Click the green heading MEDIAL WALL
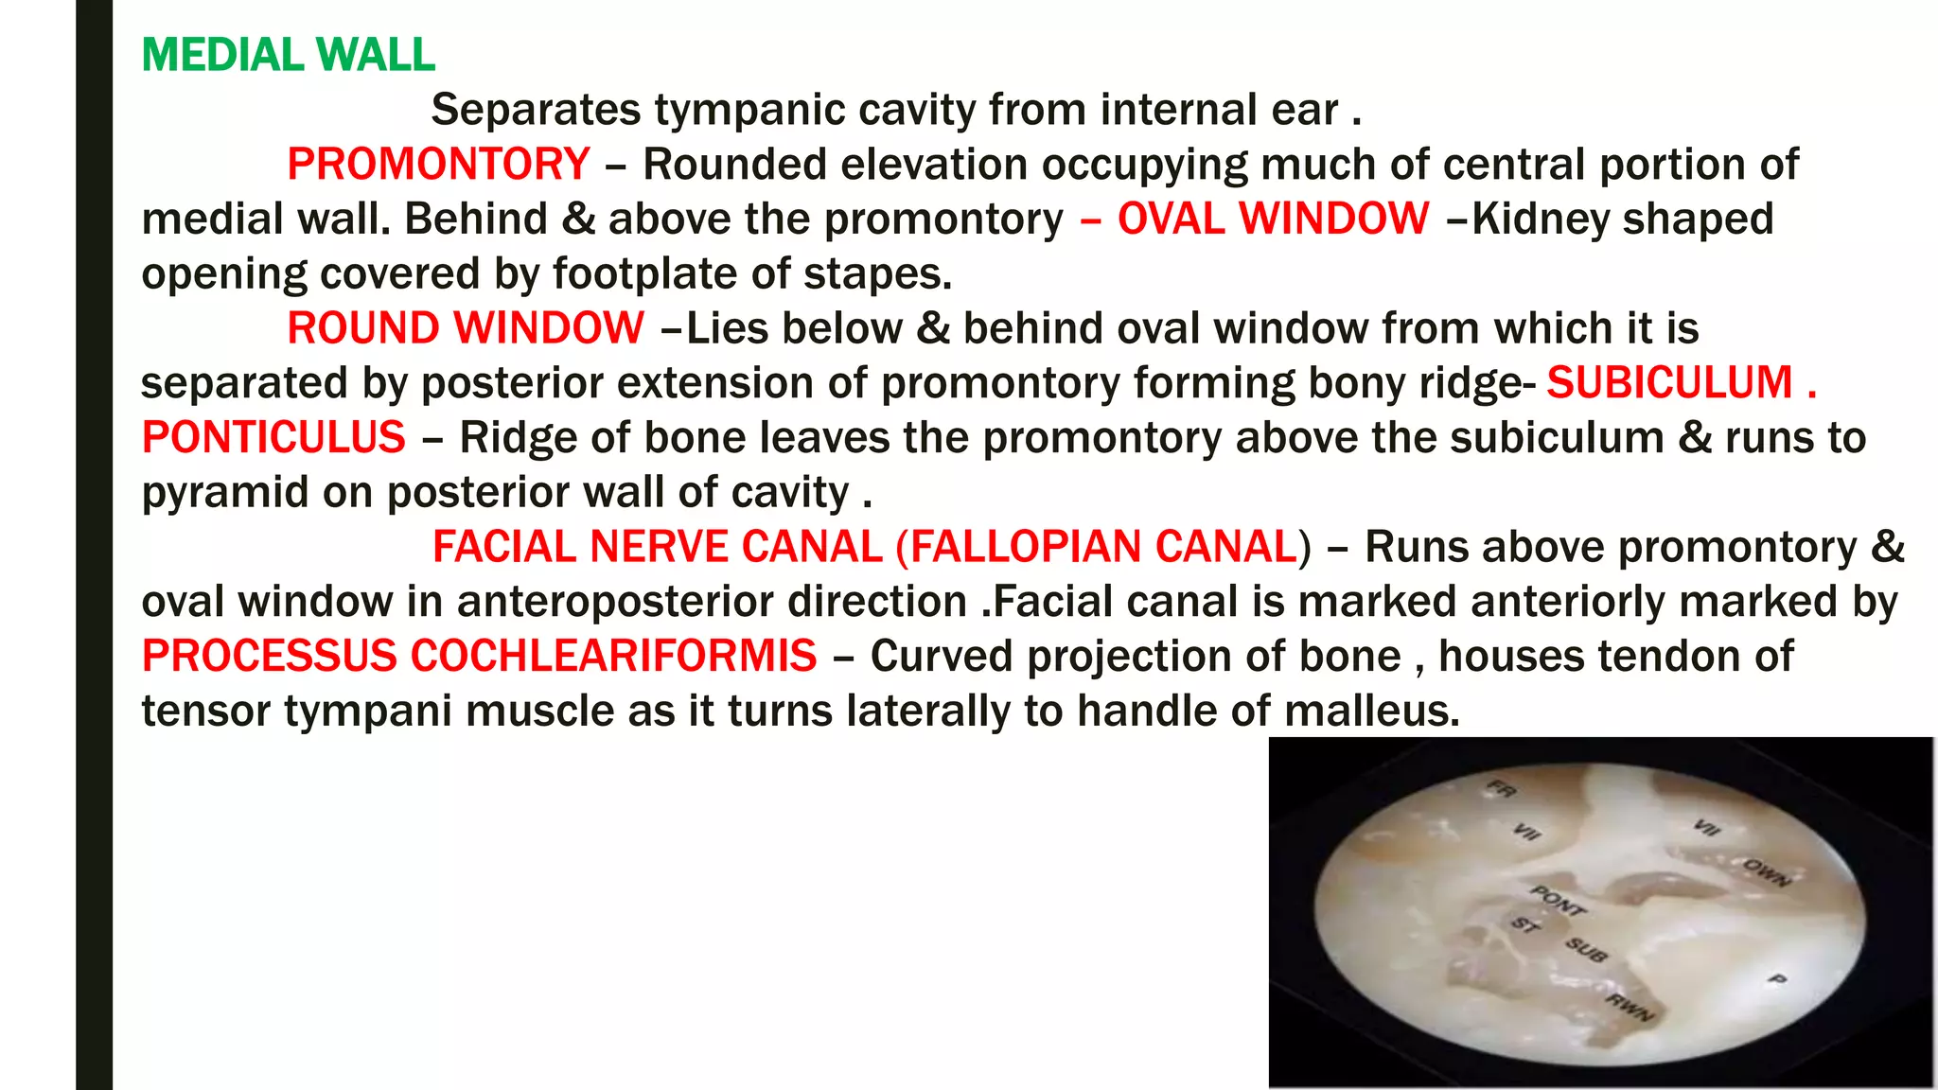(288, 55)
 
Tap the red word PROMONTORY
(438, 165)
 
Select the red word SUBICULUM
(1669, 383)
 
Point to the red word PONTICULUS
(273, 438)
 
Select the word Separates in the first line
(536, 110)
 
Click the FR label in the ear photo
(1502, 789)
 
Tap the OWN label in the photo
(1766, 871)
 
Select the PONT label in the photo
(1558, 900)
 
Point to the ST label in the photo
(1524, 924)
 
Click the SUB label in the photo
(1585, 949)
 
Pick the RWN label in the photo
(1630, 1010)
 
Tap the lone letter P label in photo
(1777, 980)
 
